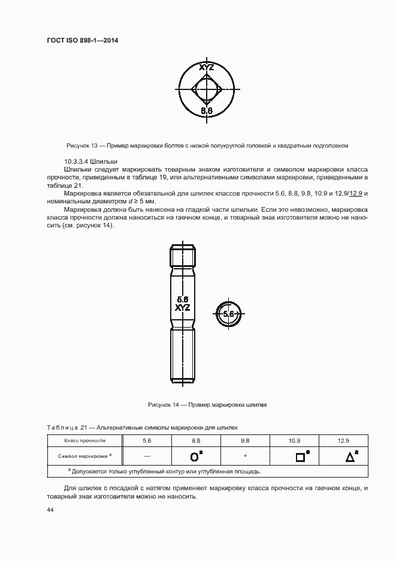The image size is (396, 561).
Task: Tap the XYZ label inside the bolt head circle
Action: pyautogui.click(x=206, y=68)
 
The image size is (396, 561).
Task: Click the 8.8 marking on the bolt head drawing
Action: pyautogui.click(x=207, y=110)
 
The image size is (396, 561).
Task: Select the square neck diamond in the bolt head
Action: pyautogui.click(x=207, y=90)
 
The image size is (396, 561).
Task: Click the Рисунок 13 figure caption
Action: pyautogui.click(x=207, y=146)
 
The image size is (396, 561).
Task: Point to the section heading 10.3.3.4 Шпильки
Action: pyautogui.click(x=90, y=162)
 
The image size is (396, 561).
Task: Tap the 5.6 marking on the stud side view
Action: pyautogui.click(x=183, y=299)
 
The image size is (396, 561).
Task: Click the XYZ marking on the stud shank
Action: pyautogui.click(x=183, y=307)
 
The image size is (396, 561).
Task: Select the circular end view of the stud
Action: pyautogui.click(x=228, y=313)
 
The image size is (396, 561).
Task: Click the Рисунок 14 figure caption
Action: pyautogui.click(x=207, y=405)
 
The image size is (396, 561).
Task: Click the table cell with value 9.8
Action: pyautogui.click(x=245, y=440)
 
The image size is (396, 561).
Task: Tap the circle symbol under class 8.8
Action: pyautogui.click(x=194, y=457)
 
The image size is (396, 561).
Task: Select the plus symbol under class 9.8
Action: pyautogui.click(x=245, y=456)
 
